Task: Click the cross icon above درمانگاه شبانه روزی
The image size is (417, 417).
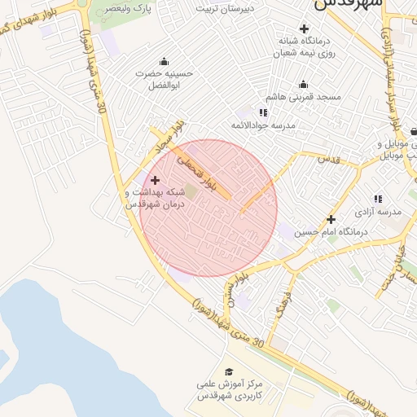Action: pos(303,29)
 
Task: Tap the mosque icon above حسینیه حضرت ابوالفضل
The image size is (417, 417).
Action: pos(165,60)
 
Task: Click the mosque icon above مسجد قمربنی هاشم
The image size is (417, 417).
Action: pos(303,84)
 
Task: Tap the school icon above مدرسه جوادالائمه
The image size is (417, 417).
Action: pos(263,112)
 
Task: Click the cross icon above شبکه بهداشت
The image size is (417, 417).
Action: pos(155,179)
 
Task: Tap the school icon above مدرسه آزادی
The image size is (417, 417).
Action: pos(377,198)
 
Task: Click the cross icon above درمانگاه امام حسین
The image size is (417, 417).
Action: pos(331,219)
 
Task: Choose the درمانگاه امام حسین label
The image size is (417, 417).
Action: pos(331,232)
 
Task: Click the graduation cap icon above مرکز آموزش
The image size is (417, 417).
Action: pos(229,371)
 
